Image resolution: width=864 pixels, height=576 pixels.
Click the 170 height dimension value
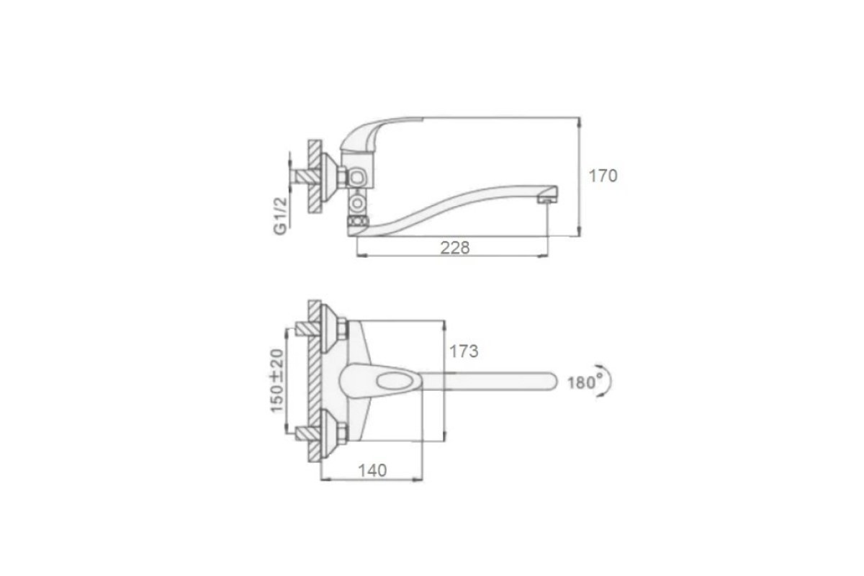point(603,176)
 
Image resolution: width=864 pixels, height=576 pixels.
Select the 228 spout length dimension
point(455,248)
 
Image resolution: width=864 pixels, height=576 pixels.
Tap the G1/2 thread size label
point(280,216)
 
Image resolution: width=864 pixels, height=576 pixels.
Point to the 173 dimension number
point(464,351)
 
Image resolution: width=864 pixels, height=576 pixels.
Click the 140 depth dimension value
point(373,470)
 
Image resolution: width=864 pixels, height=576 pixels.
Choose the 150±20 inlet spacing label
point(277,381)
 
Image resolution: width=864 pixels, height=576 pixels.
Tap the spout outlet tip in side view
point(548,195)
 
